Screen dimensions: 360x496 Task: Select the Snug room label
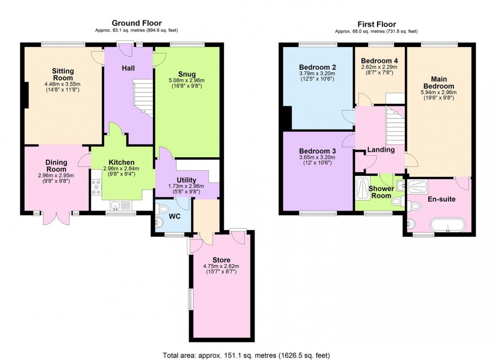pyautogui.click(x=187, y=75)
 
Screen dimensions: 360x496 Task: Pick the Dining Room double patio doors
pyautogui.click(x=57, y=218)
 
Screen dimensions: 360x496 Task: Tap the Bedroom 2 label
pyautogui.click(x=317, y=67)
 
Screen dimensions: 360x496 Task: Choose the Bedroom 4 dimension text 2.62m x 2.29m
pyautogui.click(x=379, y=67)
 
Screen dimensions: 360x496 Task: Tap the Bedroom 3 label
pyautogui.click(x=317, y=151)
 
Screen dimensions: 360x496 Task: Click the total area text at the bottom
pyautogui.click(x=248, y=354)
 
